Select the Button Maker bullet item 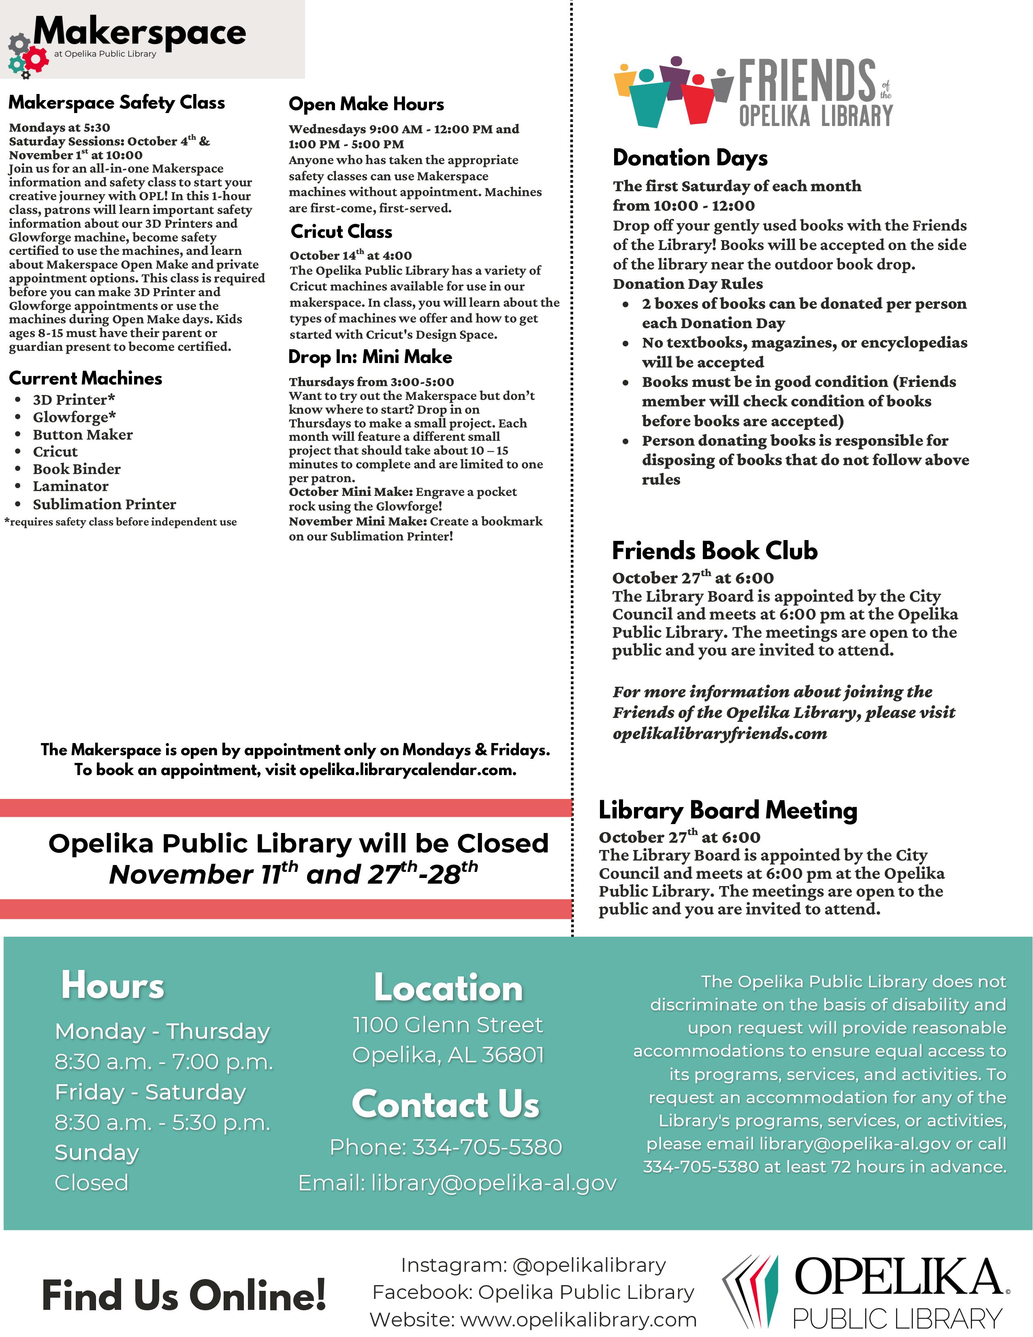coord(83,435)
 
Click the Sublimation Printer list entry coord(104,504)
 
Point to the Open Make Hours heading coord(366,104)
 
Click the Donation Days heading coord(690,158)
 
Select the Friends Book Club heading coord(714,551)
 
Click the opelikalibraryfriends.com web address coord(720,733)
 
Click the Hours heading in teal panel coord(113,986)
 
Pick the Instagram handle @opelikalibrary coord(589,1265)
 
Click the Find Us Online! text coord(184,1296)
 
